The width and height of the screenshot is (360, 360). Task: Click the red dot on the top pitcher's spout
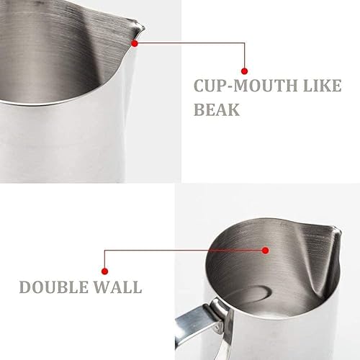pos(135,42)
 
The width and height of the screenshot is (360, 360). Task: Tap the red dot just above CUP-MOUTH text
pos(245,71)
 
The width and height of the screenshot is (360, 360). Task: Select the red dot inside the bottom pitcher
pos(266,250)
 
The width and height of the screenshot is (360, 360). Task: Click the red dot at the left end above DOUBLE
pos(105,266)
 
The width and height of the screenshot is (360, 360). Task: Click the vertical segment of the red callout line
pos(245,56)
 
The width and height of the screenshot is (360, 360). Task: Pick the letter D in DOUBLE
pos(26,287)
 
